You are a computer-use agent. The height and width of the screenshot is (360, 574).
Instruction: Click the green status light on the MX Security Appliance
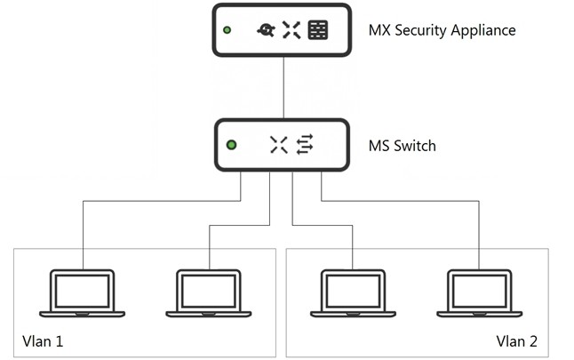227,30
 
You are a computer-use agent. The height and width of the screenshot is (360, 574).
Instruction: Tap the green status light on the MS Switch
231,145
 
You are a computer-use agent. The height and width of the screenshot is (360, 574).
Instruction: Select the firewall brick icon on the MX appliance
318,29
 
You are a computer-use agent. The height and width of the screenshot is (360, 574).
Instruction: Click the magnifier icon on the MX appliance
267,30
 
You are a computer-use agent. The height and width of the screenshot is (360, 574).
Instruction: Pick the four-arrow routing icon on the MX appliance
291,29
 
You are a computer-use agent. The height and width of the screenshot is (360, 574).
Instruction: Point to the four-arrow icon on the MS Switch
279,145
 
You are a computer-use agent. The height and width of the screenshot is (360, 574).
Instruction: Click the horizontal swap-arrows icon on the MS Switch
305,144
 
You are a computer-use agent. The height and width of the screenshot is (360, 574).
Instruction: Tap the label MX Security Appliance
442,30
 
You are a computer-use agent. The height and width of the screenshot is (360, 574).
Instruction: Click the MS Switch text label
402,146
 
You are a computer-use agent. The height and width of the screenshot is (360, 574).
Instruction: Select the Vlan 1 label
43,341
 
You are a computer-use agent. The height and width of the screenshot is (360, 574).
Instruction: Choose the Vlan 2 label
516,341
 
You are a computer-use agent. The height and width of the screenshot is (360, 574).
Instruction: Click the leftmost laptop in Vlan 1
83,293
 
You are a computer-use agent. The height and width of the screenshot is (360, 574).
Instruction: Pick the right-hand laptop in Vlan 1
209,293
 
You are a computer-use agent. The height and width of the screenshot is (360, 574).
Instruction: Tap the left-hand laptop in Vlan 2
353,293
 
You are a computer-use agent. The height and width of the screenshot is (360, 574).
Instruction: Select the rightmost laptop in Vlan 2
480,293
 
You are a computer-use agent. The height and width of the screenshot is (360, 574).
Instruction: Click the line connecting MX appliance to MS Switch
283,87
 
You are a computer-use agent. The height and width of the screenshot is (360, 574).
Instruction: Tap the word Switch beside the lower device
415,146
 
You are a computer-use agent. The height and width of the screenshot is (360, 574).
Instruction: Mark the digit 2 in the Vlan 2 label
532,341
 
